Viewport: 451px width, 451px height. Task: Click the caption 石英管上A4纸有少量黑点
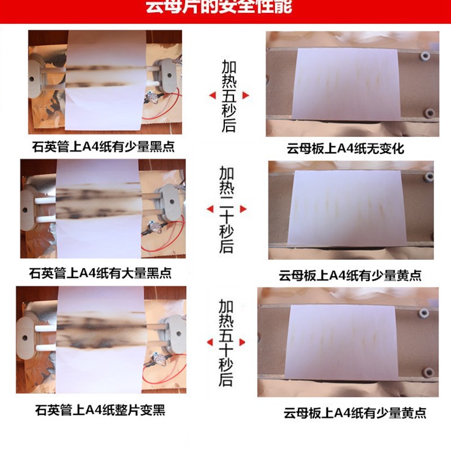pos(103,148)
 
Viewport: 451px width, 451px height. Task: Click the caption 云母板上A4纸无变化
pos(345,149)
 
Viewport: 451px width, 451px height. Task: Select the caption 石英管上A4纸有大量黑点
pos(100,274)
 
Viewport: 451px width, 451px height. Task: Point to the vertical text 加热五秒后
pos(228,96)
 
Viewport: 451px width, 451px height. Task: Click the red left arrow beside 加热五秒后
pos(212,96)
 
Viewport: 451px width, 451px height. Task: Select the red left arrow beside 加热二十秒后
pos(210,209)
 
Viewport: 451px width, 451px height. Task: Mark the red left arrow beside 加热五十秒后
pos(209,342)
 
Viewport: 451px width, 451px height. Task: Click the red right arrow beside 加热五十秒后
pos(243,342)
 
